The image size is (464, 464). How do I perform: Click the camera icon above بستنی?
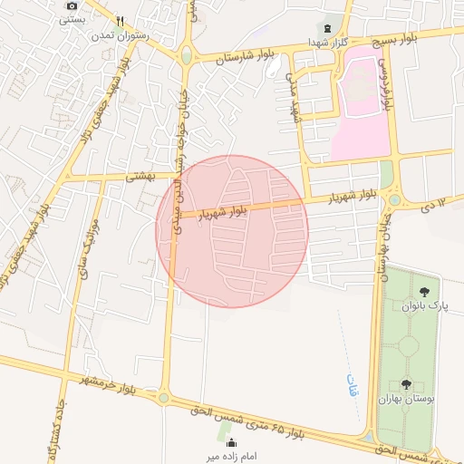[x=72, y=5]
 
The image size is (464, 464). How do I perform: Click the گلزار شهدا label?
[x=322, y=42]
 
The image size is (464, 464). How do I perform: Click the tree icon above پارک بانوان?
[x=424, y=291]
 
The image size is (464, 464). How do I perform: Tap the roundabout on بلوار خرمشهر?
[x=164, y=396]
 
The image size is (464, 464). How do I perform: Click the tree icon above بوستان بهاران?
[x=405, y=384]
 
